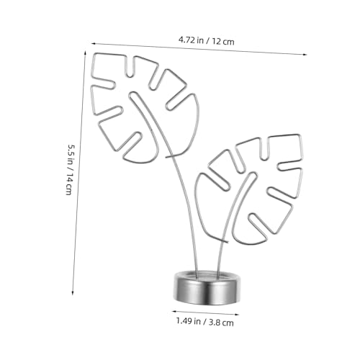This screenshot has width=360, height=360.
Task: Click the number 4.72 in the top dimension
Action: tap(189, 41)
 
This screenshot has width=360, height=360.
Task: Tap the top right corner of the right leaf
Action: tap(300, 135)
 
